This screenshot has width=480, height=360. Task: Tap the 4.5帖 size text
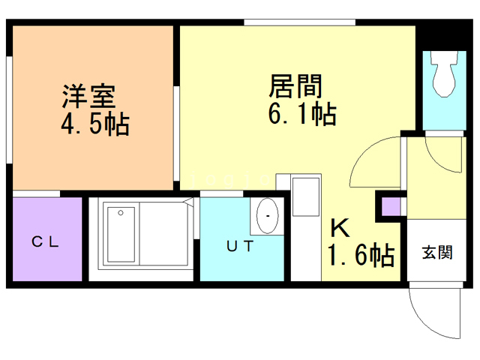[94, 124]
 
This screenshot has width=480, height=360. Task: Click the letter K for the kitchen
[339, 227]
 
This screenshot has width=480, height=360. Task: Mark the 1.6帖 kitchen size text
[360, 256]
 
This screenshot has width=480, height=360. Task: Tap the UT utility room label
[240, 245]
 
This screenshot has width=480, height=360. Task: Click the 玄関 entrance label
[436, 253]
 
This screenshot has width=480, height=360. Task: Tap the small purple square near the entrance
[391, 205]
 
